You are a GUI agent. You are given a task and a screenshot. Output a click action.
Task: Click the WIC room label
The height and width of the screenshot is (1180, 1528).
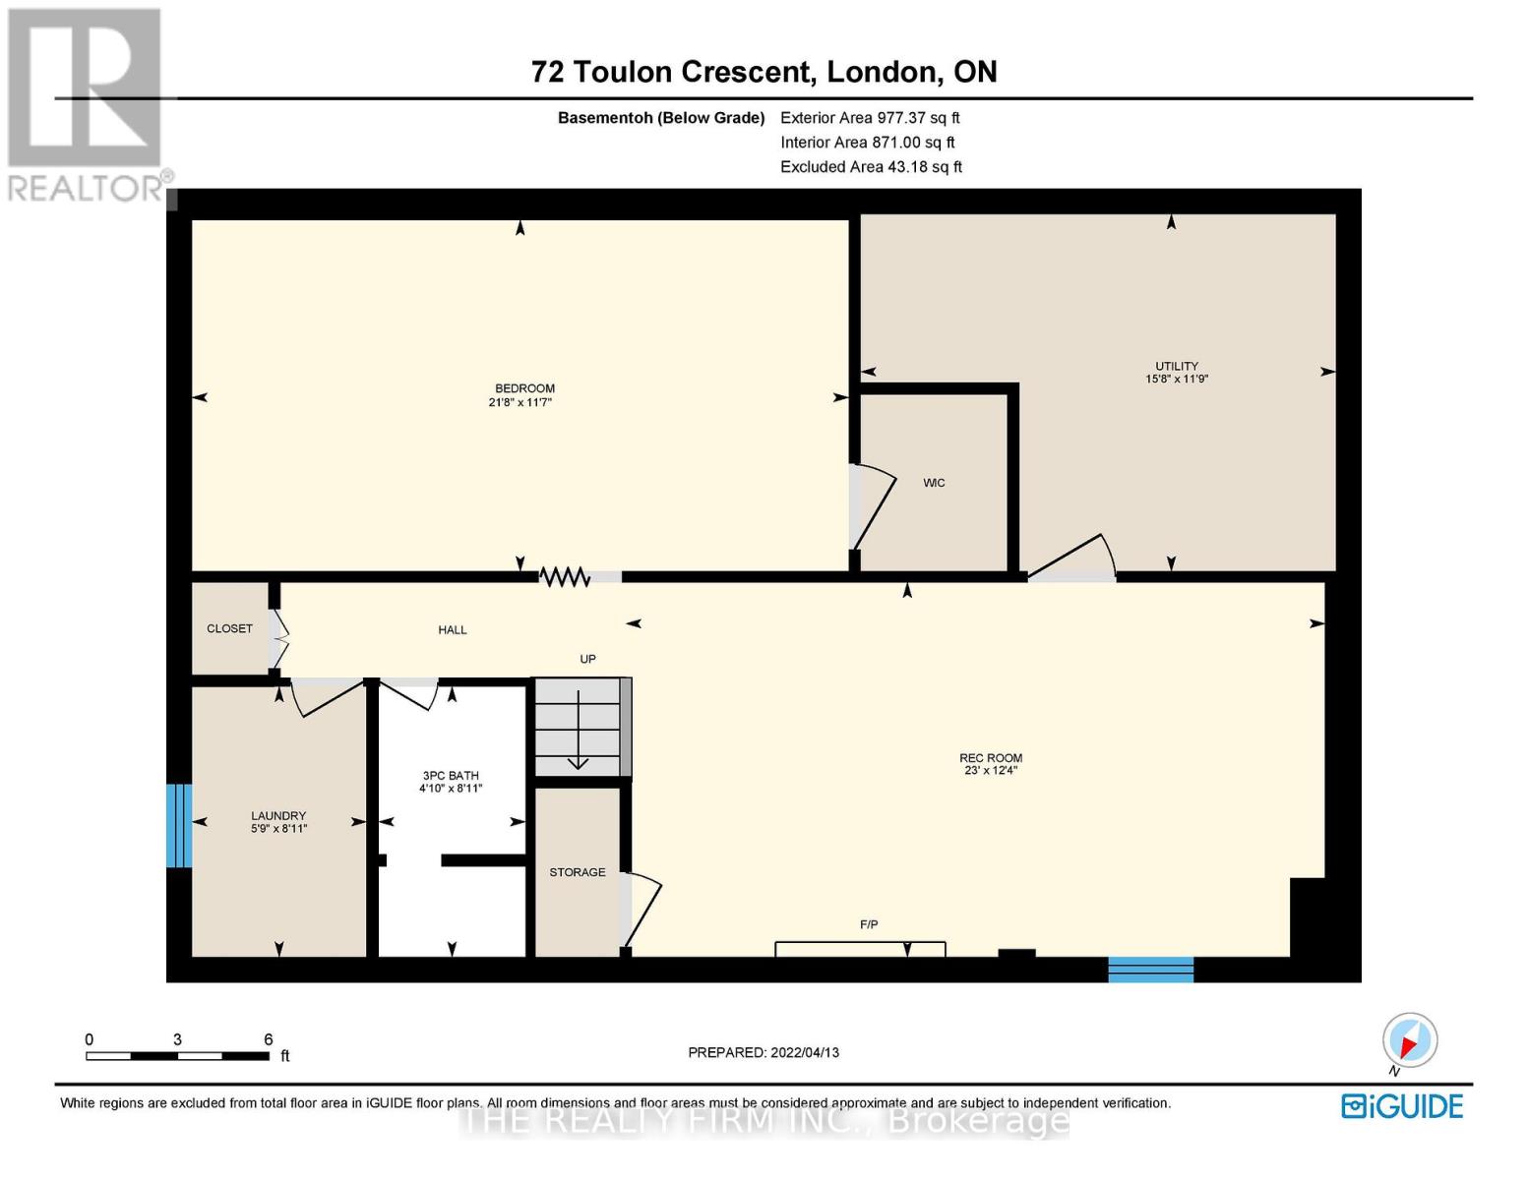click(x=933, y=483)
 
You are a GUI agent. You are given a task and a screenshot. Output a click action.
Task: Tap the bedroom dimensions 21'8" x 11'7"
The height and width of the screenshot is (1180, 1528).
click(x=520, y=402)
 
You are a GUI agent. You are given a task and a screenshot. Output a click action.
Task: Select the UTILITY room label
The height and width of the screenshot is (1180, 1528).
click(x=1177, y=366)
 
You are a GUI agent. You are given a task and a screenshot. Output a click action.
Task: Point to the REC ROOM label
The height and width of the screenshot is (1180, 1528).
click(x=991, y=757)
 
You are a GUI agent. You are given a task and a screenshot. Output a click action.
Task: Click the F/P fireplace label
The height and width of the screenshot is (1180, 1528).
click(x=869, y=924)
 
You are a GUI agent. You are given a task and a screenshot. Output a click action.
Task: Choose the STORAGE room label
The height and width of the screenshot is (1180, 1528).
click(x=578, y=872)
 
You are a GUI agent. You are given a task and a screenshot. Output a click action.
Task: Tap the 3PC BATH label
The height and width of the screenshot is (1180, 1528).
click(x=451, y=775)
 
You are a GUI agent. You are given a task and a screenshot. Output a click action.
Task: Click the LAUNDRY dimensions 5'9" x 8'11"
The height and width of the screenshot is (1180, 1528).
click(x=279, y=829)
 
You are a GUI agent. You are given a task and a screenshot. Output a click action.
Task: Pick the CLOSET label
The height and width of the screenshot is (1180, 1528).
click(x=229, y=628)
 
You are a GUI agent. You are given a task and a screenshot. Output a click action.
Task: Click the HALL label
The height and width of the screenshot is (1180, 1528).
click(x=453, y=629)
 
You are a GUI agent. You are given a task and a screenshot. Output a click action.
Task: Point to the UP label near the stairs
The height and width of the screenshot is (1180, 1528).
click(x=587, y=659)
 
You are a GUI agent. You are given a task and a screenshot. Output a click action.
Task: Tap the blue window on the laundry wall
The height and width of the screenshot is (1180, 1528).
click(x=179, y=826)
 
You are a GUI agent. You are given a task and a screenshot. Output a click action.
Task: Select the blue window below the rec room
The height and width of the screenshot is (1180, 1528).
click(x=1150, y=970)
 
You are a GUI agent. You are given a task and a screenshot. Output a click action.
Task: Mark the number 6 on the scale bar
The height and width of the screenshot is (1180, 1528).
click(x=268, y=1038)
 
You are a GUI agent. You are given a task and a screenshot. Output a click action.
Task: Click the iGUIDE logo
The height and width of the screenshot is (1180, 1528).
click(x=1402, y=1107)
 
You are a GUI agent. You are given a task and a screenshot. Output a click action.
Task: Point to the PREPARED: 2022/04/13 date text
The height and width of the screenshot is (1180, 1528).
click(x=764, y=1052)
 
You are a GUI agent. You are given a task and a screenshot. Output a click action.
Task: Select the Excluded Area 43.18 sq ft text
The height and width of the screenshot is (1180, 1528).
click(x=871, y=166)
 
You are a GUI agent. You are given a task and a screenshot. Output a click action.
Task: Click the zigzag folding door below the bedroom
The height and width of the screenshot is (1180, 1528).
click(x=564, y=577)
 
